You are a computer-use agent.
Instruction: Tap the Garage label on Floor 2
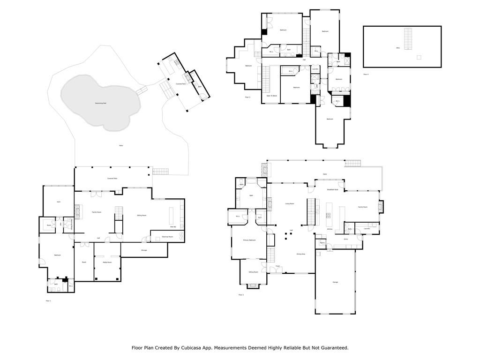[335, 282]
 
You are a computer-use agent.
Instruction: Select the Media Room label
[107, 262]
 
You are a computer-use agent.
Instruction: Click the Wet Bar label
[172, 227]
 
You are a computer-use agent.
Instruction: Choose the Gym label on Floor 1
[59, 202]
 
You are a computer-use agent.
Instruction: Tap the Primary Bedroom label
[249, 240]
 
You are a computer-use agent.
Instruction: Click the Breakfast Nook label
[333, 189]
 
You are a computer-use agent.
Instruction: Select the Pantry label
[322, 243]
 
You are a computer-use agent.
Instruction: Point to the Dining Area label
[300, 254]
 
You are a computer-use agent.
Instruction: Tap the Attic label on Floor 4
[397, 48]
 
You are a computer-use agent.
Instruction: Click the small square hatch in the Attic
[419, 57]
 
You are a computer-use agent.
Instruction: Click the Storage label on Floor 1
[144, 250]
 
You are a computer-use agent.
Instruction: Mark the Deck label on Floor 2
[324, 174]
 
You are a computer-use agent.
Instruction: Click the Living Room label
[290, 203]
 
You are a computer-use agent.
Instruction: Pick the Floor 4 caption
[366, 74]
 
